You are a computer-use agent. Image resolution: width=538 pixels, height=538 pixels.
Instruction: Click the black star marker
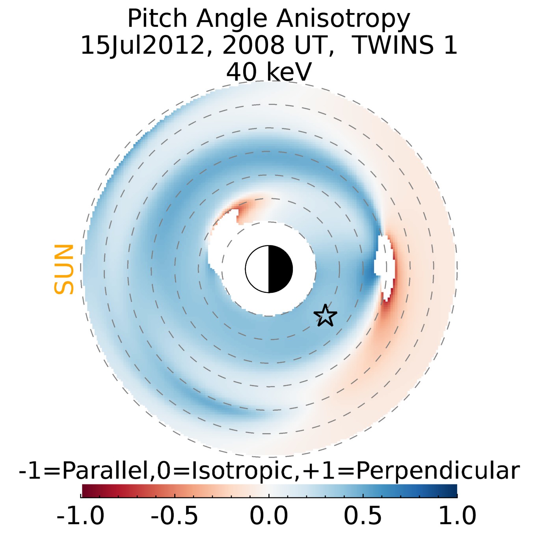pos(325,316)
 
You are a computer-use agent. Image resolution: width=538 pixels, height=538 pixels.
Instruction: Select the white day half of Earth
pos(257,269)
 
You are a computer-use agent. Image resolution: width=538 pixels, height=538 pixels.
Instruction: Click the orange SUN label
pos(64,269)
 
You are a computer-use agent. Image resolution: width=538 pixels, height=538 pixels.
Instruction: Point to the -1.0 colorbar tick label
pos(80,516)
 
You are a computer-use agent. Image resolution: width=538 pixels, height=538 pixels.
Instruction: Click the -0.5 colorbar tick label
pos(175,516)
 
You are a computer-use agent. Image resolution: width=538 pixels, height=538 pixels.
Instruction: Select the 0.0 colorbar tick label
pos(269,516)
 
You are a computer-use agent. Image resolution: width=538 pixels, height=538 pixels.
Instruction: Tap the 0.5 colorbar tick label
pos(363,516)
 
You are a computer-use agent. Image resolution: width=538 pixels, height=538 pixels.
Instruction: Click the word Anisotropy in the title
pos(343,19)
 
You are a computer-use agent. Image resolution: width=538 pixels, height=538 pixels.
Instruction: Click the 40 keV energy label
pos(269,72)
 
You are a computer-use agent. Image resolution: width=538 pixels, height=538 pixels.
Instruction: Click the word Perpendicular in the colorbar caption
pos(437,471)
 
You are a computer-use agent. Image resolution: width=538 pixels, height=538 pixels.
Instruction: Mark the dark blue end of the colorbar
pos(451,491)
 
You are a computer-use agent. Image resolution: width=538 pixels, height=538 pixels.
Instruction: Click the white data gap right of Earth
pos(384,262)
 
